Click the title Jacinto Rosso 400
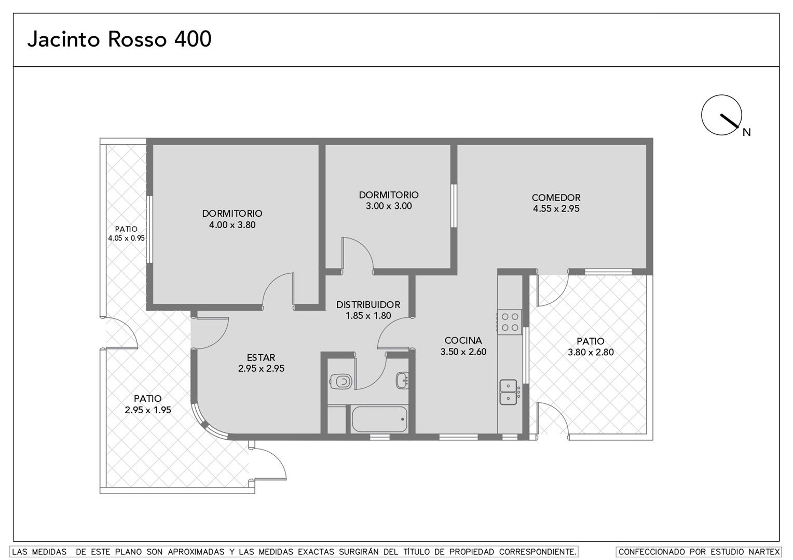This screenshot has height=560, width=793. [119, 39]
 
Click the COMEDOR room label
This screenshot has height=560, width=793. [556, 198]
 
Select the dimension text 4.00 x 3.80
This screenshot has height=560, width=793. [232, 225]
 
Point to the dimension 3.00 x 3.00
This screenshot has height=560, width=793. [389, 206]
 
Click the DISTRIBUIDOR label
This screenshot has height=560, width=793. [368, 304]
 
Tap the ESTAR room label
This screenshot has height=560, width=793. [261, 357]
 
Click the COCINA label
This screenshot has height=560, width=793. [463, 340]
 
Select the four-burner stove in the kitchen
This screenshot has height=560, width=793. [510, 322]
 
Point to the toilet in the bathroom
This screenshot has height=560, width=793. [340, 381]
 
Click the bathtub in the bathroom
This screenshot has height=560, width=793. [379, 419]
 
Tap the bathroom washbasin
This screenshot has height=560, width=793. [402, 380]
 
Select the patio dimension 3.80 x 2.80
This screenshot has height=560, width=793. [591, 352]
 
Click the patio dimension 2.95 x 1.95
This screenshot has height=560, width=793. [148, 410]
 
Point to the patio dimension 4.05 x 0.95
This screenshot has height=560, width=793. [127, 238]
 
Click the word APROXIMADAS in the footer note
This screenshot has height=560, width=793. [196, 552]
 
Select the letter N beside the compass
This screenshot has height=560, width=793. [747, 132]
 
